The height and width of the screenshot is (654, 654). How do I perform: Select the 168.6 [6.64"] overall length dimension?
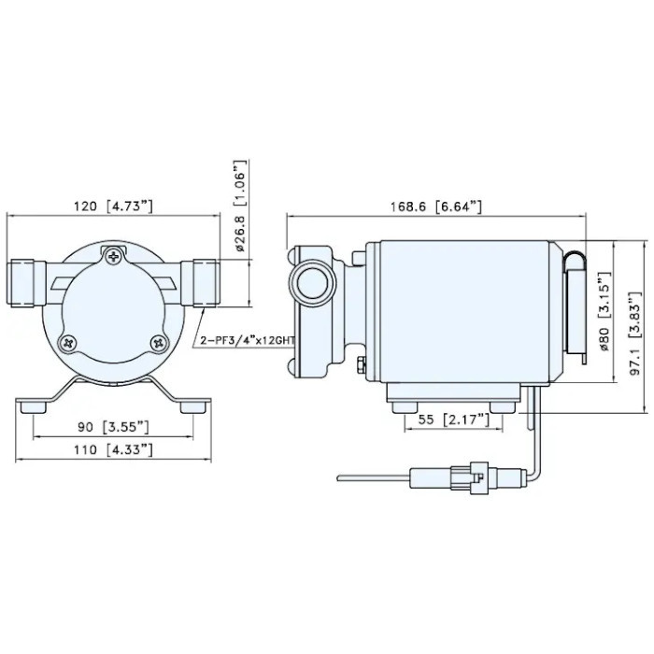(x=436, y=206)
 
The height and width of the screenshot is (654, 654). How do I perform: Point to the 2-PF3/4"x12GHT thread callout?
(x=247, y=340)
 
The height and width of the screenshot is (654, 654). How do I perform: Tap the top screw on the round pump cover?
(x=115, y=254)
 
